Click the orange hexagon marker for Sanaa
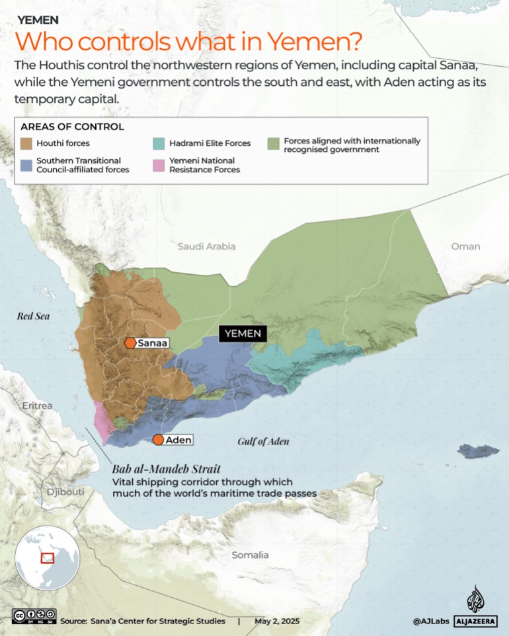[130, 343]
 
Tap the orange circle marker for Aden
[158, 440]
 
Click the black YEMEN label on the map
[243, 334]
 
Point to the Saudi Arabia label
[206, 246]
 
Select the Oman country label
[465, 246]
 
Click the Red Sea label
[33, 316]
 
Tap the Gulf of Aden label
[264, 442]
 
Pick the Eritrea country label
[37, 406]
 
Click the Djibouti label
[65, 492]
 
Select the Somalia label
[250, 555]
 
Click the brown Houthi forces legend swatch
[27, 143]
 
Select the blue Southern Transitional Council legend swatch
[27, 164]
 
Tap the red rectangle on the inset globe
[47, 558]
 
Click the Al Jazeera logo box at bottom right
[475, 621]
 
